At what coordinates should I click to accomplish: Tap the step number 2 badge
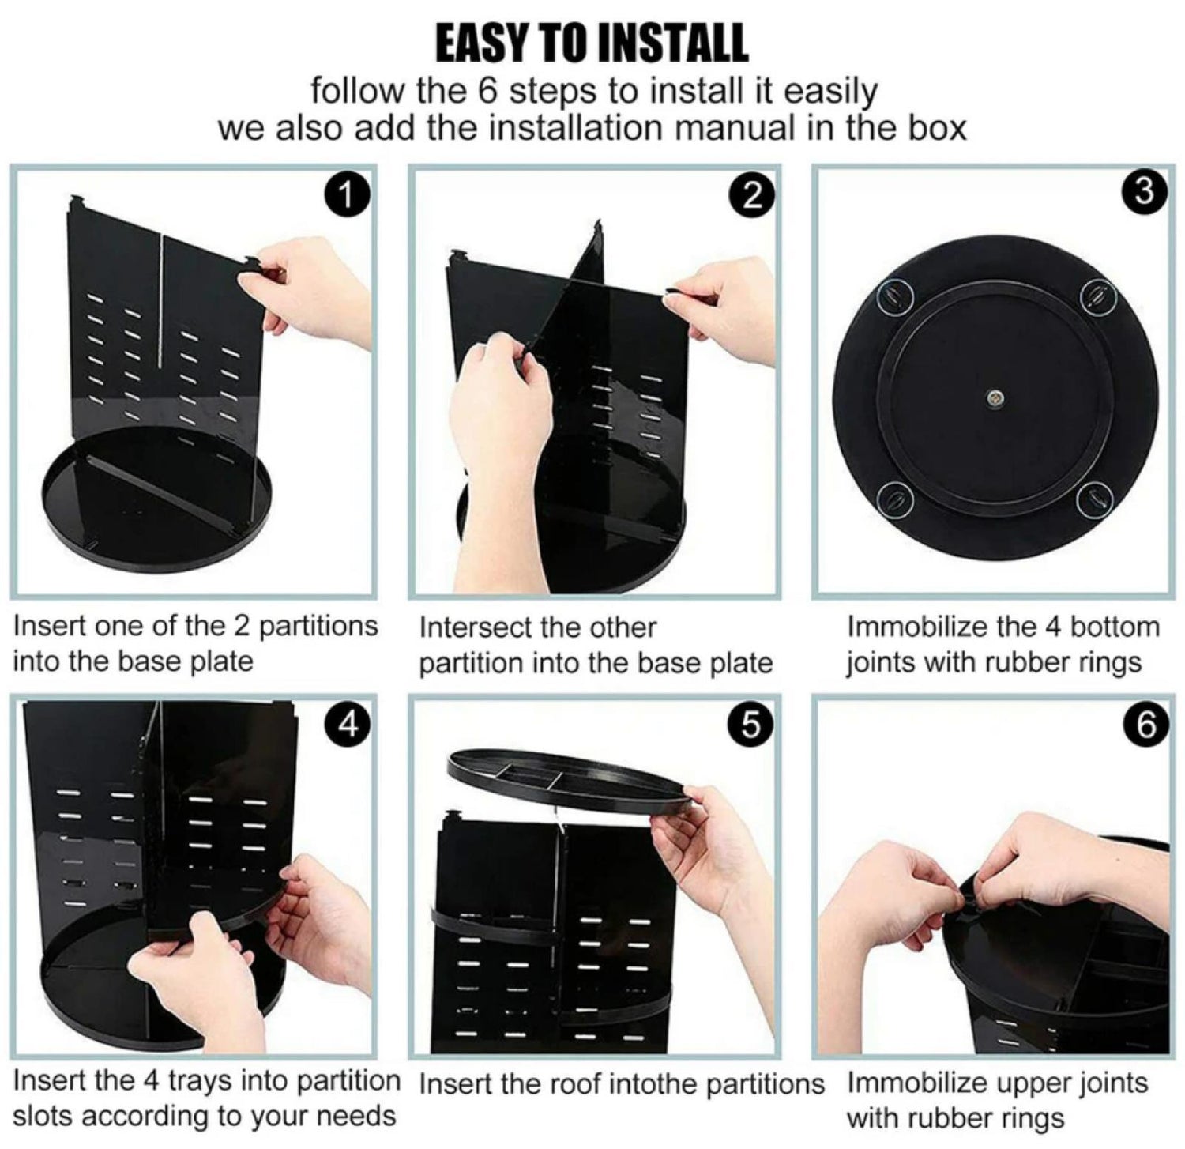[x=752, y=195]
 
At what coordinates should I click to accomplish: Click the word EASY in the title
[x=481, y=43]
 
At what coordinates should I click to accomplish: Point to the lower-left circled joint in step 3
[x=895, y=499]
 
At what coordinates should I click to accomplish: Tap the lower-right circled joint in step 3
[x=1097, y=499]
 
